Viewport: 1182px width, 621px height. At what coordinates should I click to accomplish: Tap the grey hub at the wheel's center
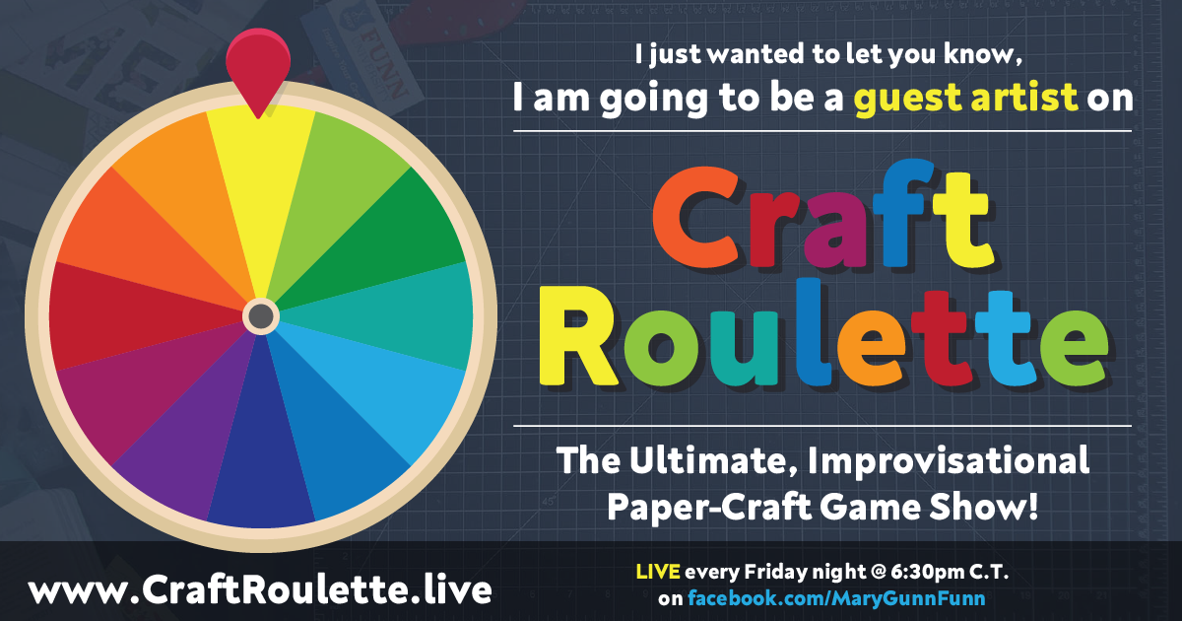click(261, 315)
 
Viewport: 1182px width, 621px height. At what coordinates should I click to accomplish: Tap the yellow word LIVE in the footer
click(658, 572)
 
